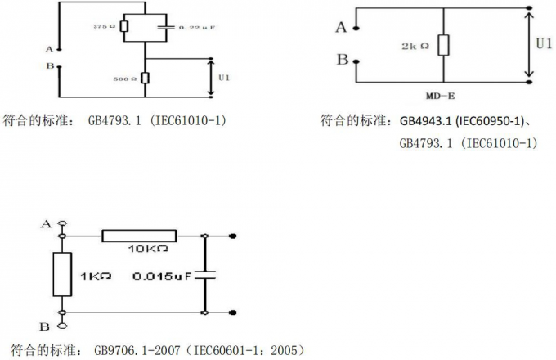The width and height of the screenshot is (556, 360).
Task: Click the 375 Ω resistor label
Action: click(105, 27)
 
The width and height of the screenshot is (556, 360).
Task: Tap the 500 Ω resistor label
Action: click(125, 79)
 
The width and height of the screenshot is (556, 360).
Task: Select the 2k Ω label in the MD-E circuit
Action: click(415, 46)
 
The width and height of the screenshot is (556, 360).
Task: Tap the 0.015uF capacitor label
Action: click(162, 276)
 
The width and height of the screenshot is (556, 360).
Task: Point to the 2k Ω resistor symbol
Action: click(442, 45)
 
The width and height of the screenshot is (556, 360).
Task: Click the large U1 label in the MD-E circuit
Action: click(543, 43)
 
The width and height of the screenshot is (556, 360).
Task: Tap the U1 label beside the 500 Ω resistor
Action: click(224, 78)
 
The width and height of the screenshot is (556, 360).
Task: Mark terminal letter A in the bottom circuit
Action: click(46, 223)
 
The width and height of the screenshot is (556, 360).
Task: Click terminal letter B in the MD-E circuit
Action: click(343, 60)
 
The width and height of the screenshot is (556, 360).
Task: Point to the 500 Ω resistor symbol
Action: click(145, 78)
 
